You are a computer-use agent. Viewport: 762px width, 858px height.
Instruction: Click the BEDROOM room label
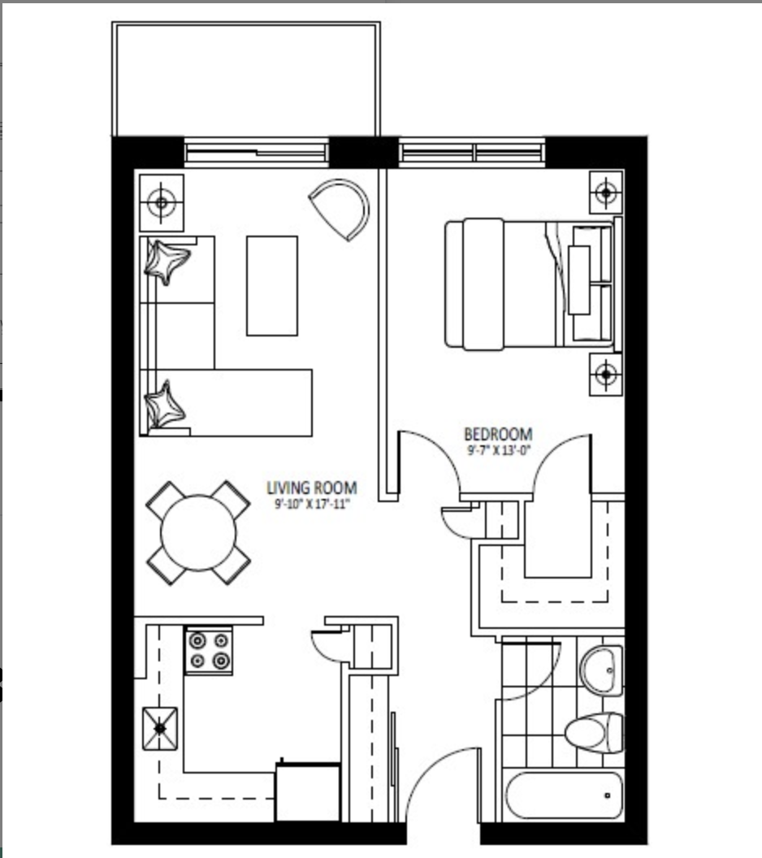498,435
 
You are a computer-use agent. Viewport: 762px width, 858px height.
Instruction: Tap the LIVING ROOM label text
312,487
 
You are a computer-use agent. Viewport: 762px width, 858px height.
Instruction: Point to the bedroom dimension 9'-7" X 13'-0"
498,450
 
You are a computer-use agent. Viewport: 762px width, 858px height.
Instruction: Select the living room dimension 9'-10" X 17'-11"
312,504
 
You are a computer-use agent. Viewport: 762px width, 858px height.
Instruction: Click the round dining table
198,532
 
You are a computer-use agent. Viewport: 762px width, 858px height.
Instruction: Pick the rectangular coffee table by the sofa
272,286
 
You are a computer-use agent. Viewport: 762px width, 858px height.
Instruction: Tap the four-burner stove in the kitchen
209,651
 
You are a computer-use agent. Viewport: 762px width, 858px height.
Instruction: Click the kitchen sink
160,728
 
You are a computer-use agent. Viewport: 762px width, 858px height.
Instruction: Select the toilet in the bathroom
594,733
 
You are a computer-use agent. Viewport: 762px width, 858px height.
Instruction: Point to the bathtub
564,795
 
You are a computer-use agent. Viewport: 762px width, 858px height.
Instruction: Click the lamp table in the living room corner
162,202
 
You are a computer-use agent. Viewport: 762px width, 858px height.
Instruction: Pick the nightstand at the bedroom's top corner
605,193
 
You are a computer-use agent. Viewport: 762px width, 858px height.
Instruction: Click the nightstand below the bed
605,375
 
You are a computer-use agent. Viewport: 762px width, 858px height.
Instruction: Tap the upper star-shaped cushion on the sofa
167,261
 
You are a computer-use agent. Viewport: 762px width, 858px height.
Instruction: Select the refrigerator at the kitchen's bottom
307,792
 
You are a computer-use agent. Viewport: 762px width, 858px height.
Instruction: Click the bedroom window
472,152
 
